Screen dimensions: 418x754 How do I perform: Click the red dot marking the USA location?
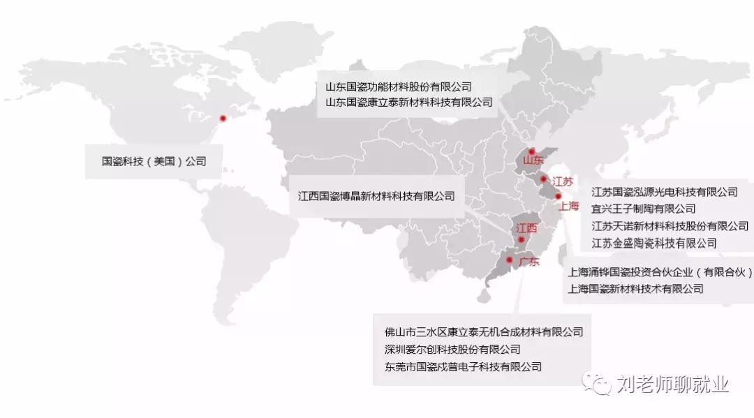coord(223,118)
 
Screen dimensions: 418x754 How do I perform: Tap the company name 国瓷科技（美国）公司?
coord(154,161)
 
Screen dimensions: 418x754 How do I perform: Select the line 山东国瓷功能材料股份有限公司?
coord(399,87)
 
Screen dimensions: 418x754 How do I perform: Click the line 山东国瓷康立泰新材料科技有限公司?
coord(408,103)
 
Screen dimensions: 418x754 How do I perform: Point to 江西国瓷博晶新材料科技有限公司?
coord(376,196)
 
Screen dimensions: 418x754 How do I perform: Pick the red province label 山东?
coord(533,161)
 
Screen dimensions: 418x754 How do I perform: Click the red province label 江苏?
coord(563,181)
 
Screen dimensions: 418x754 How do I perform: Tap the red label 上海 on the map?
coord(569,206)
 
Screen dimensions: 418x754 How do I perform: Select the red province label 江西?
coord(527,228)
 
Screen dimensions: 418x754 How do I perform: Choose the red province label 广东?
coord(529,262)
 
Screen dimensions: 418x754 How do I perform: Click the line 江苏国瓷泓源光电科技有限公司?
coord(665,191)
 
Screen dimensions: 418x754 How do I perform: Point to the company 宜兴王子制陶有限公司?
coord(643,209)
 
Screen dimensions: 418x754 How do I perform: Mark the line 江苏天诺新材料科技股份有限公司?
coord(670,226)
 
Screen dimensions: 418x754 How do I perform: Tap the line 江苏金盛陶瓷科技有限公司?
coord(653,243)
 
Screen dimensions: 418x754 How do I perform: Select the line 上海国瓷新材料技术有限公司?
coord(636,289)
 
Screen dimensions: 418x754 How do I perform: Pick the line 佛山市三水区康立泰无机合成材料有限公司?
coord(483,332)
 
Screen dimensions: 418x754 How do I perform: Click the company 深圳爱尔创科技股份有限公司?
coord(452,349)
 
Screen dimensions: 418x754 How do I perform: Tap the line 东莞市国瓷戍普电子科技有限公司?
coord(463,366)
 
